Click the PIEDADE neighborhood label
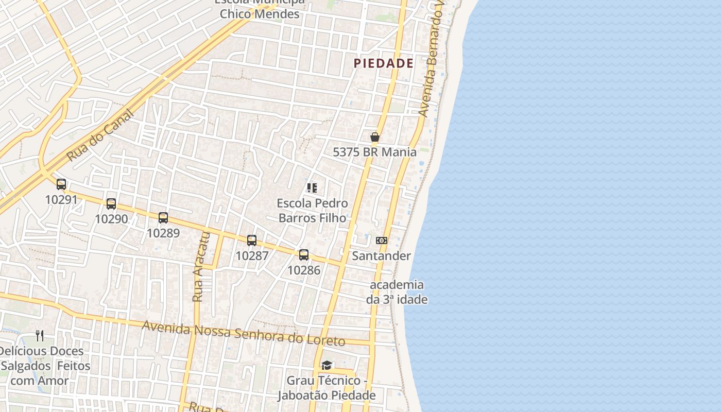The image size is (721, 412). point(384,63)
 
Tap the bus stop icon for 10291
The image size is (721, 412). point(61,184)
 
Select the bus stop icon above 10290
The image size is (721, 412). point(111,203)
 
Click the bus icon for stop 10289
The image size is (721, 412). point(163,217)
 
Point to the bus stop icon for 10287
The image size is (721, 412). point(252,240)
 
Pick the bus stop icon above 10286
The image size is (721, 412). point(304,254)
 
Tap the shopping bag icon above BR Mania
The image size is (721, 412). point(375,137)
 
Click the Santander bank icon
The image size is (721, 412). point(382,241)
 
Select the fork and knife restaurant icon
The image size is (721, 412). point(40,336)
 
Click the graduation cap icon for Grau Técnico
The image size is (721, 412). point(327,366)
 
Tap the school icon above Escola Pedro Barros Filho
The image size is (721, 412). point(312,188)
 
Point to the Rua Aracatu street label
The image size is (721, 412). point(201,267)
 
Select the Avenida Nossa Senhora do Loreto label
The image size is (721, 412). point(243,333)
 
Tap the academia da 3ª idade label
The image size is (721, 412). point(397,292)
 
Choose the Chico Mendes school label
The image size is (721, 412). point(260,13)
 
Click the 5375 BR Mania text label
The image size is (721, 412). point(374,152)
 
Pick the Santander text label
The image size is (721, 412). point(381,256)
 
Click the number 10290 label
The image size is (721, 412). point(111,219)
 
